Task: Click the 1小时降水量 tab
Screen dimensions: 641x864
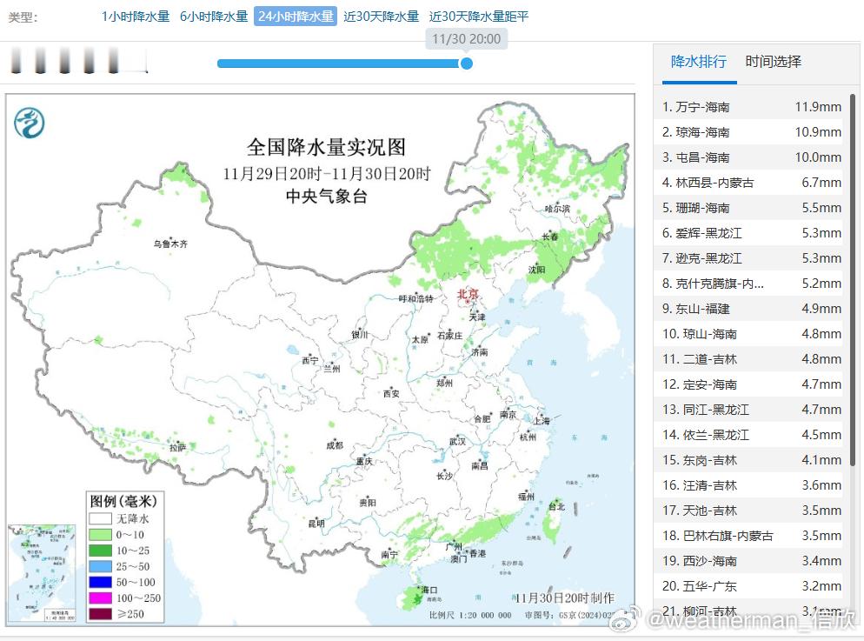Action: click(x=135, y=17)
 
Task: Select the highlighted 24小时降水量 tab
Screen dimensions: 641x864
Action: click(x=295, y=17)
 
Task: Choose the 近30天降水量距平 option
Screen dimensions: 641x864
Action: click(x=478, y=17)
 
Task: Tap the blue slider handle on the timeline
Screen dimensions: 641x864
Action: click(x=466, y=63)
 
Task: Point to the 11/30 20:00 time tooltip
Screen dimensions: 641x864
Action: click(x=466, y=39)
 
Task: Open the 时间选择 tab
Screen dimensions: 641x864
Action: click(x=773, y=62)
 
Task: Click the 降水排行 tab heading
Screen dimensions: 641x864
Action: click(x=699, y=62)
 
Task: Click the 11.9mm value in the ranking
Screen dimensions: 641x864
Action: click(x=817, y=107)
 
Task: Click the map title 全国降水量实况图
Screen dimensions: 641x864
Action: click(x=326, y=146)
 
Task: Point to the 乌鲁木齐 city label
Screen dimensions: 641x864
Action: click(x=170, y=244)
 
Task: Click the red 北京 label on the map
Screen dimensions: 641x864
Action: click(x=468, y=295)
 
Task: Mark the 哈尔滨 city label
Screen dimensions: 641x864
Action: click(x=556, y=209)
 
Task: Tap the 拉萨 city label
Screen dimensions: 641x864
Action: click(x=177, y=447)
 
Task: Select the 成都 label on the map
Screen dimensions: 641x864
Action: click(x=334, y=445)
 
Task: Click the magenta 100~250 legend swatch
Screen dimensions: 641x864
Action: click(x=100, y=598)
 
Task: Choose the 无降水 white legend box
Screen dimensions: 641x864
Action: click(x=100, y=518)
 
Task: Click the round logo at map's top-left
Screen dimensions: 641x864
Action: click(x=30, y=123)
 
